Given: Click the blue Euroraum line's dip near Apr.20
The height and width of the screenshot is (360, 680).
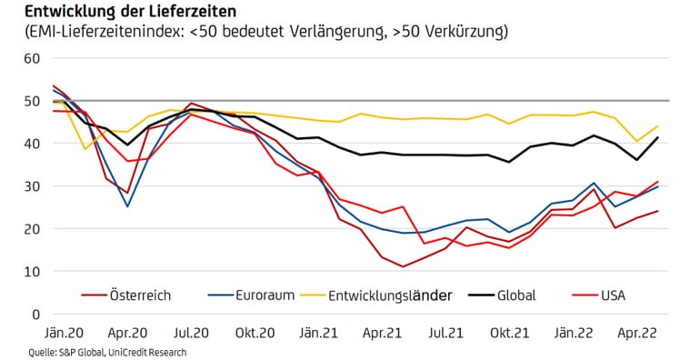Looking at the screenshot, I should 127,206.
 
